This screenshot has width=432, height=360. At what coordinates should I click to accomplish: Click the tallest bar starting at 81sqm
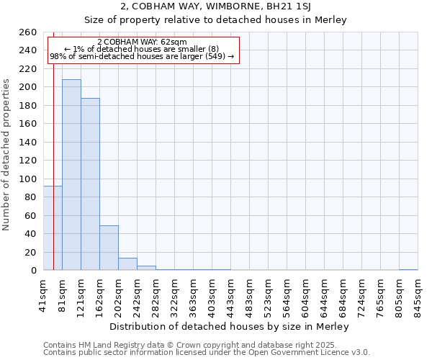71,175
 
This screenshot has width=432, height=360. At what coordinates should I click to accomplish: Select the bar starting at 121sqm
90,184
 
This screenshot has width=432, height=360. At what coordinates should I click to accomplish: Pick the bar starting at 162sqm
109,248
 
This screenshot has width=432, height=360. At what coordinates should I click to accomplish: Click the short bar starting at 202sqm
127,264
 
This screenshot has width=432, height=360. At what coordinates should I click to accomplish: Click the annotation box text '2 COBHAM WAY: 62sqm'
142,42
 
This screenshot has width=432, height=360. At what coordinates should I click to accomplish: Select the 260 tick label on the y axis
28,32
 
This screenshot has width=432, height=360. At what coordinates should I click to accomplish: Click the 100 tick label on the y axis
28,179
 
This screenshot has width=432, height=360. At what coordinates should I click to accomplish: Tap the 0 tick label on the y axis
34,271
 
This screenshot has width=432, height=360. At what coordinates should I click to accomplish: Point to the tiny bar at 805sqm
408,269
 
